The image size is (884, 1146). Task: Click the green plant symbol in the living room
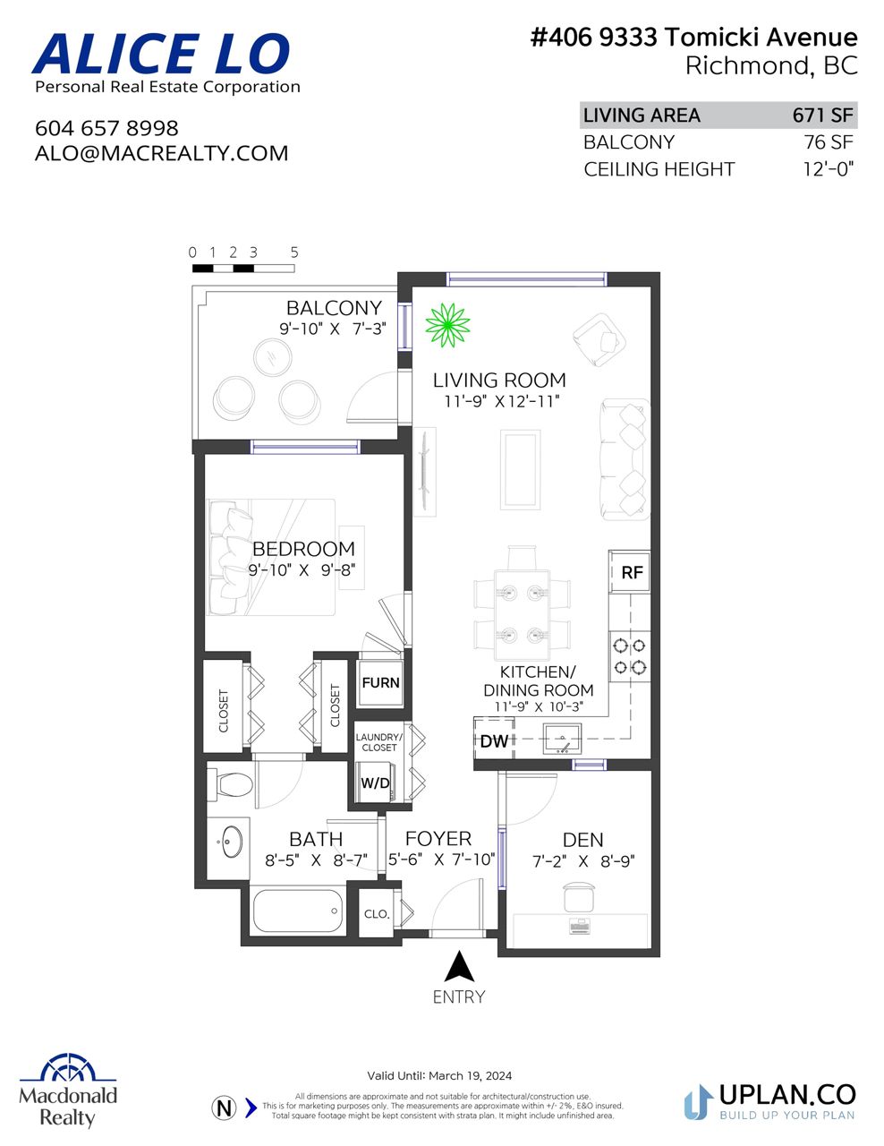(447, 325)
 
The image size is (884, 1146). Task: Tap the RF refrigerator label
(631, 572)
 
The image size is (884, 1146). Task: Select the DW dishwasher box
(494, 741)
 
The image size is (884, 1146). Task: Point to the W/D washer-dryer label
(375, 783)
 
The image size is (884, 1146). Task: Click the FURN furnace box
(380, 682)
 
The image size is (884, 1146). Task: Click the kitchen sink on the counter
(562, 739)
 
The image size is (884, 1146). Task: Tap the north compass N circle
(224, 1108)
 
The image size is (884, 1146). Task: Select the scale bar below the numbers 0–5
(243, 269)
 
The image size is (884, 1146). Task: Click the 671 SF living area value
(822, 115)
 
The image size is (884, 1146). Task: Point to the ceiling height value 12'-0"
(828, 168)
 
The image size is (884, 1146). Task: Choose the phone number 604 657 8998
(107, 128)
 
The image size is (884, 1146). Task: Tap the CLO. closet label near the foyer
(377, 914)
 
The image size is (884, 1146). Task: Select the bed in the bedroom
(272, 557)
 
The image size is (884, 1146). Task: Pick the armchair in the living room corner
(599, 339)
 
